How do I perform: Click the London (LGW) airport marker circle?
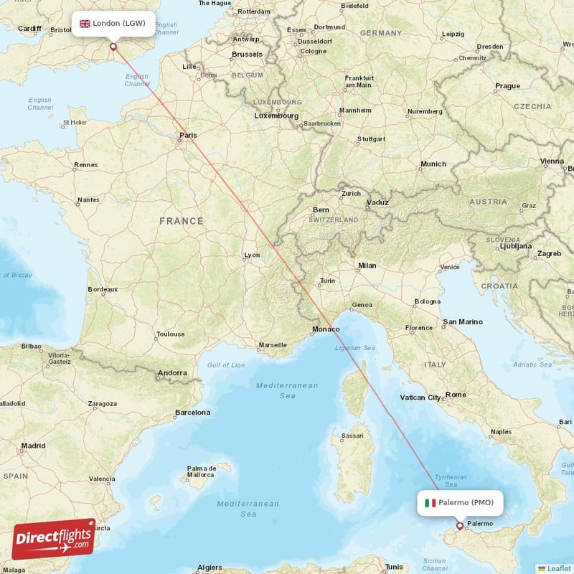(x=113, y=47)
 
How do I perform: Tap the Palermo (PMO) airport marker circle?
(x=460, y=525)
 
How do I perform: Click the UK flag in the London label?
(x=85, y=24)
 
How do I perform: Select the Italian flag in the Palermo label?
(x=430, y=503)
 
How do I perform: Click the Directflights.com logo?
(x=54, y=539)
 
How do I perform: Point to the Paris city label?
(x=188, y=135)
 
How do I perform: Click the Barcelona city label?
(x=193, y=413)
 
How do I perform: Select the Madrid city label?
(x=34, y=446)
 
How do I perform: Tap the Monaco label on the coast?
(x=325, y=329)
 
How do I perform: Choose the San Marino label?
(x=463, y=322)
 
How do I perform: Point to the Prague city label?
(x=507, y=86)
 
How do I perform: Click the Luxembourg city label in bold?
(x=276, y=116)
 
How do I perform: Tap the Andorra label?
(x=172, y=373)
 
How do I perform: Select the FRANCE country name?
(x=182, y=221)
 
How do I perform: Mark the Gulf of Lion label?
(x=226, y=365)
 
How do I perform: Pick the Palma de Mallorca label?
(x=201, y=471)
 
